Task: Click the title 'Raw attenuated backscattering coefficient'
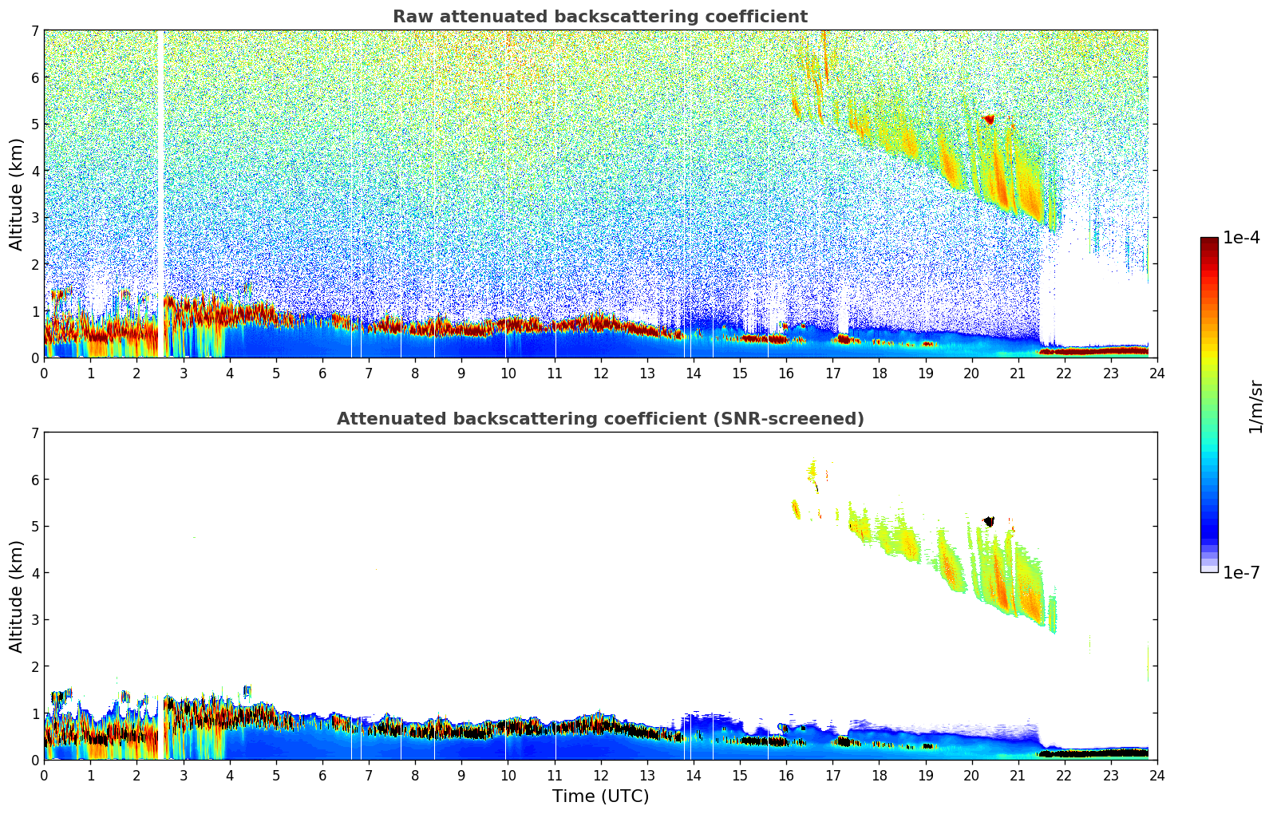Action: pyautogui.click(x=599, y=17)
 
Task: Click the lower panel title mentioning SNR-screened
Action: pyautogui.click(x=599, y=419)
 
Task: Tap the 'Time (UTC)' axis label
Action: pyautogui.click(x=600, y=796)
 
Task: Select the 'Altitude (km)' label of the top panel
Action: pyautogui.click(x=17, y=194)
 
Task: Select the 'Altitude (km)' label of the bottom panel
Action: pyautogui.click(x=17, y=596)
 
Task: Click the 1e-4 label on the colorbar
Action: pyautogui.click(x=1241, y=238)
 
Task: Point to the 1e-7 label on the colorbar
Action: pyautogui.click(x=1241, y=572)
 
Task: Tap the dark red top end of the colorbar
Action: pyautogui.click(x=1209, y=242)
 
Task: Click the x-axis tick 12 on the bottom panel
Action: pyautogui.click(x=600, y=775)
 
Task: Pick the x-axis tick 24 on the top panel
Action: pyautogui.click(x=1156, y=373)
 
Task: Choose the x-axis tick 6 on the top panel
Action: pyautogui.click(x=322, y=373)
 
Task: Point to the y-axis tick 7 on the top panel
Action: pyautogui.click(x=35, y=31)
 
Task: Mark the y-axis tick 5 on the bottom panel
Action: pyautogui.click(x=35, y=527)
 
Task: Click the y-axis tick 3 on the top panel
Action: pyautogui.click(x=35, y=218)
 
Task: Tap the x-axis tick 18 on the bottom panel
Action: pyautogui.click(x=879, y=775)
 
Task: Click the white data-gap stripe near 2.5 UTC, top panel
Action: pyautogui.click(x=160, y=192)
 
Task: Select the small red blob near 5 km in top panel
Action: pyautogui.click(x=989, y=119)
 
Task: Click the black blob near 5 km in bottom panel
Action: pyautogui.click(x=989, y=521)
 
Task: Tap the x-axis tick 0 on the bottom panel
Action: pyautogui.click(x=44, y=775)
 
